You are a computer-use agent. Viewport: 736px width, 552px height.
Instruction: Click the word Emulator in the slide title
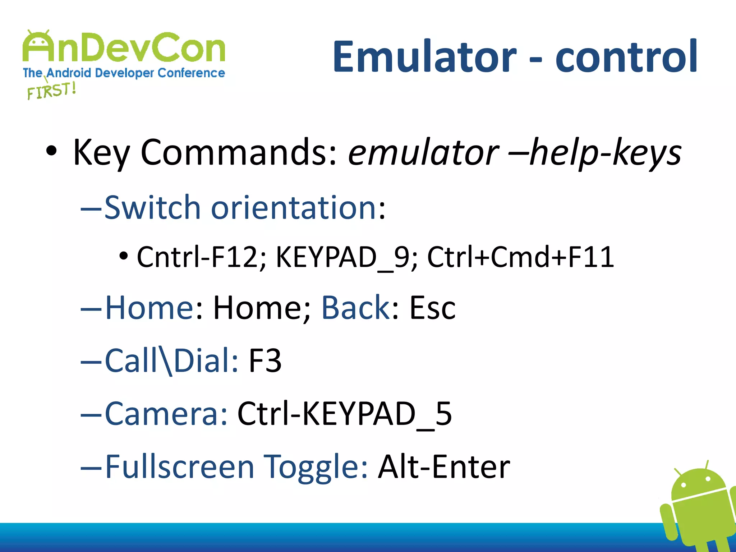(424, 57)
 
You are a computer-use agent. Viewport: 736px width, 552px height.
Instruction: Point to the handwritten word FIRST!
(51, 91)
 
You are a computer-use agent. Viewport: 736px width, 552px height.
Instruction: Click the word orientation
(293, 208)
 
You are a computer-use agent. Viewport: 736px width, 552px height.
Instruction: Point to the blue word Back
(355, 308)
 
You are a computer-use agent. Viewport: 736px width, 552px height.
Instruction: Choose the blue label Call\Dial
(171, 360)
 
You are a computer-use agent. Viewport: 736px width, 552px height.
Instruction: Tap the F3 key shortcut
(265, 360)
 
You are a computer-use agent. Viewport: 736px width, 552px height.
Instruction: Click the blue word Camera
(166, 413)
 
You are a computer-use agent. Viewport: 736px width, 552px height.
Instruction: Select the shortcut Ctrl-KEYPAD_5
(344, 413)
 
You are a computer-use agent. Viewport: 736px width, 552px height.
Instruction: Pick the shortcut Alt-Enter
(444, 466)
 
